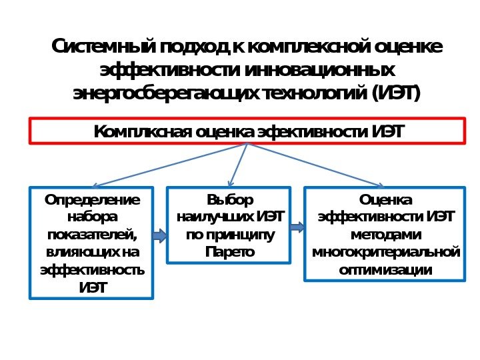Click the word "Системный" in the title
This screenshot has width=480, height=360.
[x=104, y=47]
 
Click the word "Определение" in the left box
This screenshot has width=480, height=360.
[x=92, y=199]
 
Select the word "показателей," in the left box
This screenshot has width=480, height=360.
[x=92, y=235]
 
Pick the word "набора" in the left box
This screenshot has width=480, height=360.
[x=92, y=217]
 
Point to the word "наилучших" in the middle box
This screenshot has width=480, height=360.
[x=215, y=217]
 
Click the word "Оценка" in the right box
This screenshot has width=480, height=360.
[x=385, y=199]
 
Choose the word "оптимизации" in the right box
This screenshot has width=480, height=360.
[x=385, y=270]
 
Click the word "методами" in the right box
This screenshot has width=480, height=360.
[x=385, y=235]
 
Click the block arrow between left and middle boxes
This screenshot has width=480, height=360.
[x=159, y=235]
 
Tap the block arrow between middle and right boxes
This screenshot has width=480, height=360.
[x=297, y=227]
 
